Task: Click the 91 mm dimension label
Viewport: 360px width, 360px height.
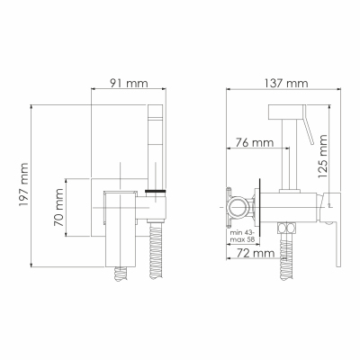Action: [128, 83]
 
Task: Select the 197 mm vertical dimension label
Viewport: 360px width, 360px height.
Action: [23, 184]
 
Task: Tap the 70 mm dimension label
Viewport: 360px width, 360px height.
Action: [58, 208]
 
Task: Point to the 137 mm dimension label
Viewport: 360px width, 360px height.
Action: [285, 83]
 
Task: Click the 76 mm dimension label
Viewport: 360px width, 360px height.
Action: [254, 142]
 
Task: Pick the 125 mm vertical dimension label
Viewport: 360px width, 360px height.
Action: [322, 157]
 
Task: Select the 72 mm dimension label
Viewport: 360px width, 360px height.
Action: [255, 254]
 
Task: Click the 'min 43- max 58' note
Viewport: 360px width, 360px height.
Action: [242, 237]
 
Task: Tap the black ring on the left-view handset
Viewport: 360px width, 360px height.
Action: [156, 191]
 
